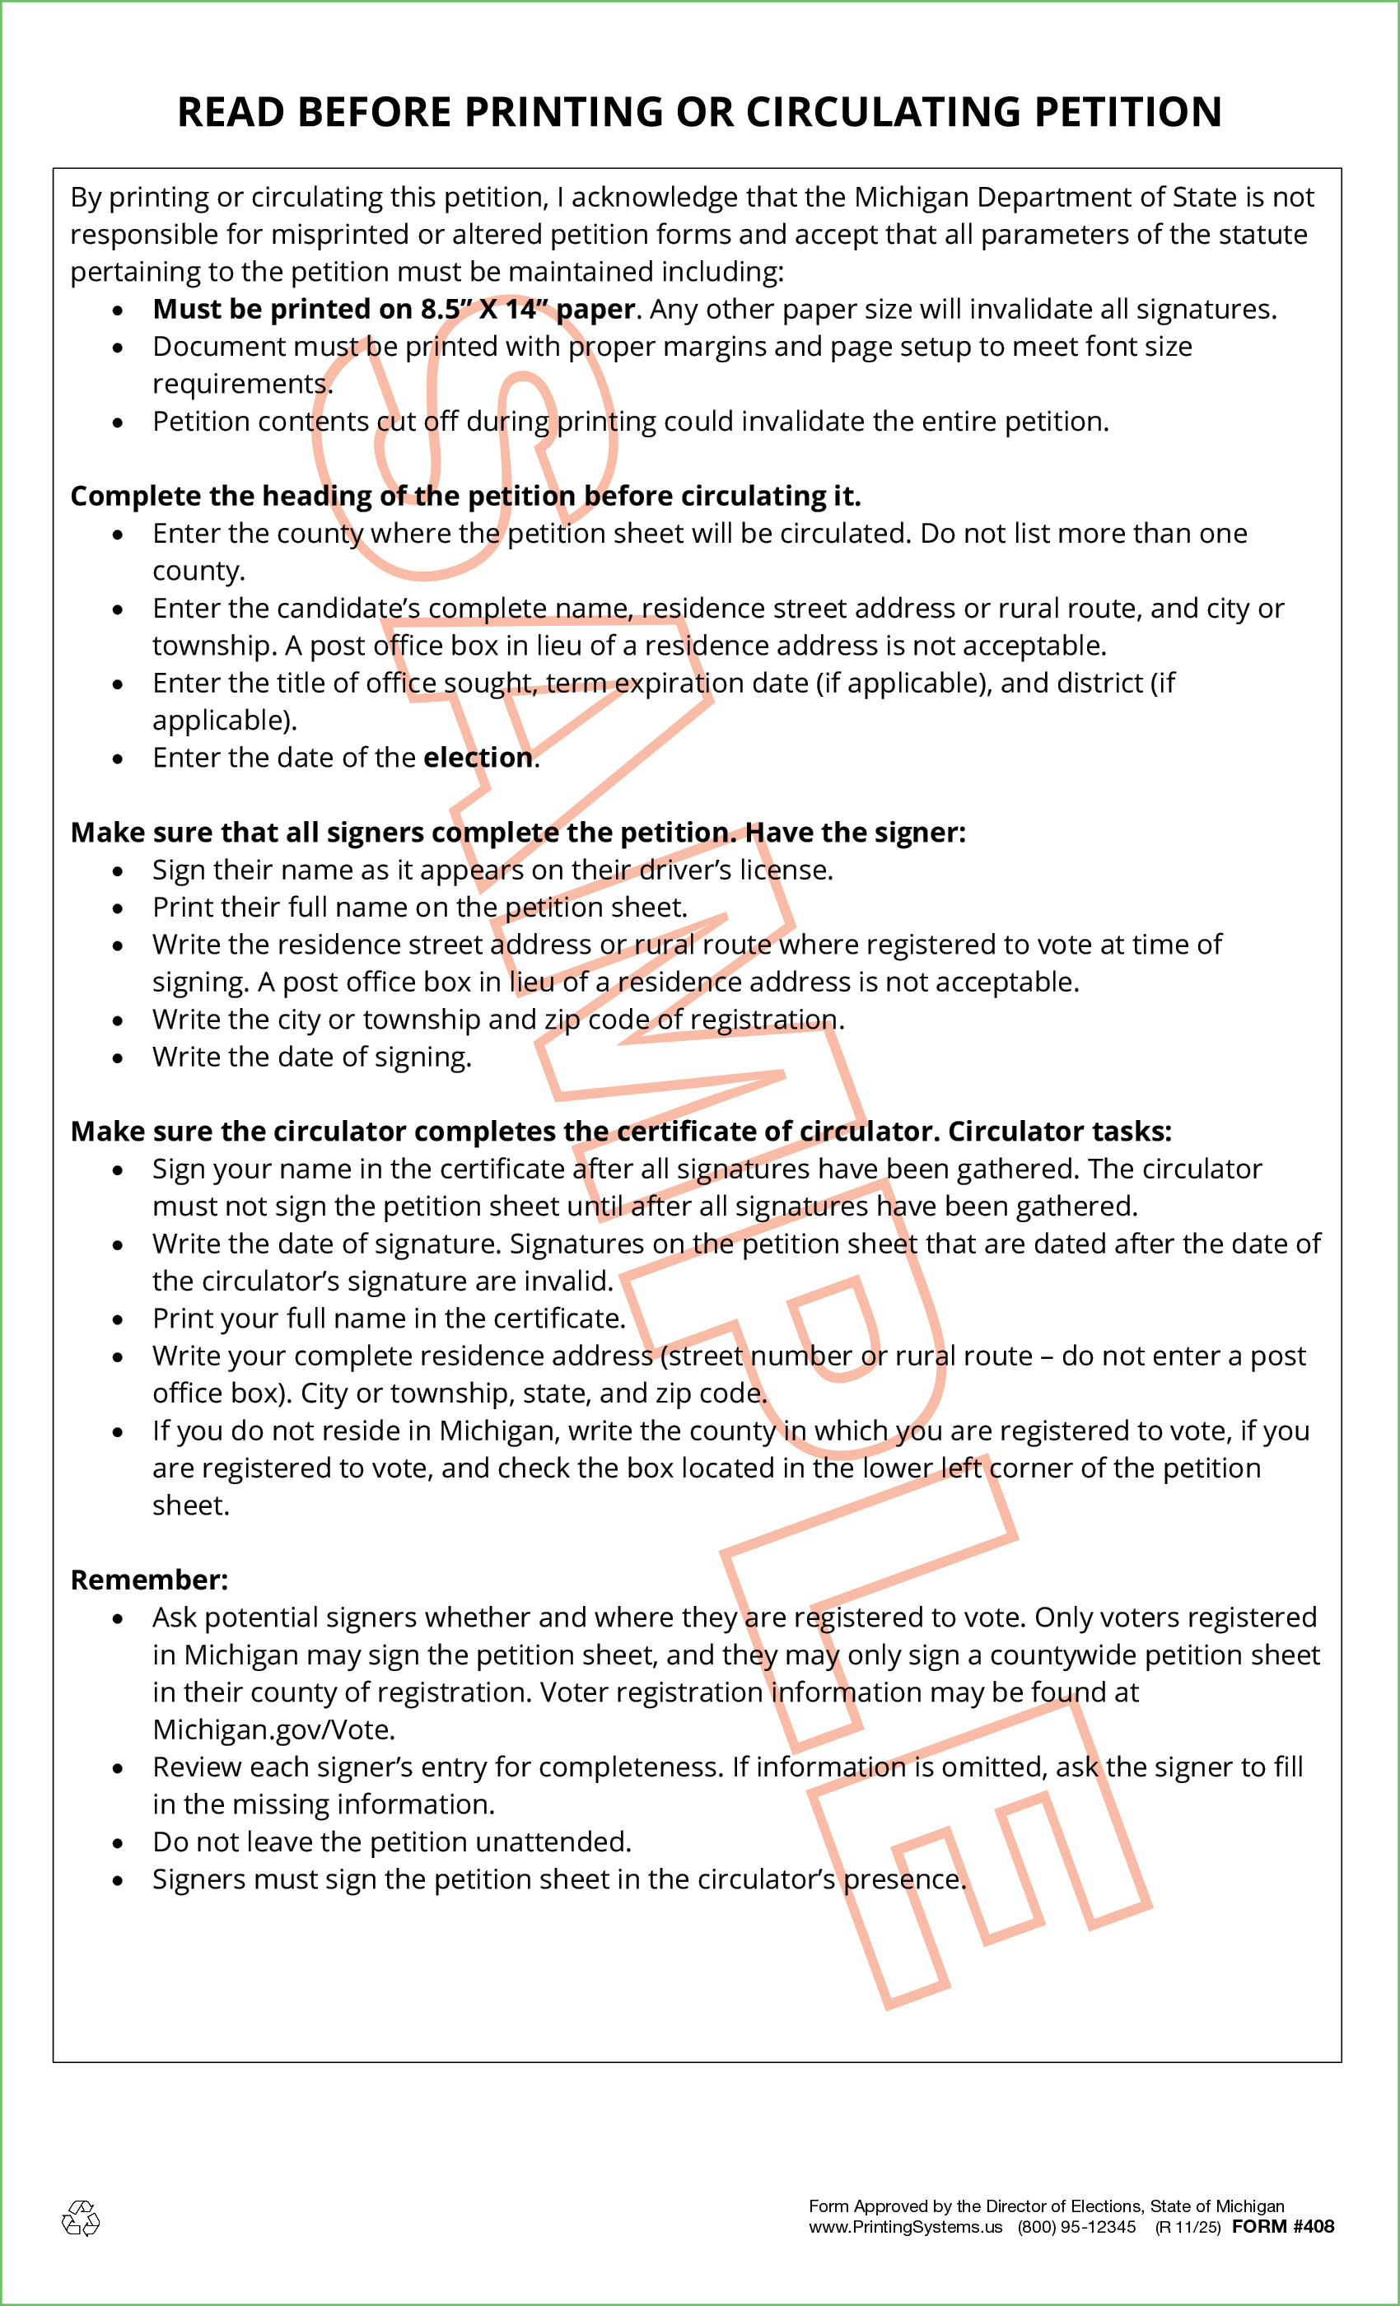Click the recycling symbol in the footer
(81, 2219)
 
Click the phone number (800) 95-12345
(1076, 2228)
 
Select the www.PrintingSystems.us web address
(905, 2228)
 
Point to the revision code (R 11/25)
(1188, 2228)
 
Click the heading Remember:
(149, 1580)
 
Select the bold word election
(478, 757)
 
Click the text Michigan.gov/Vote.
(274, 1729)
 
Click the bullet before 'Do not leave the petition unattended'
(118, 1844)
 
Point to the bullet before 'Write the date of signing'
(118, 1058)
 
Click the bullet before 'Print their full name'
(118, 908)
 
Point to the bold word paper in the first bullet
(595, 309)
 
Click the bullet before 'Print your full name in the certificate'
(118, 1319)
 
